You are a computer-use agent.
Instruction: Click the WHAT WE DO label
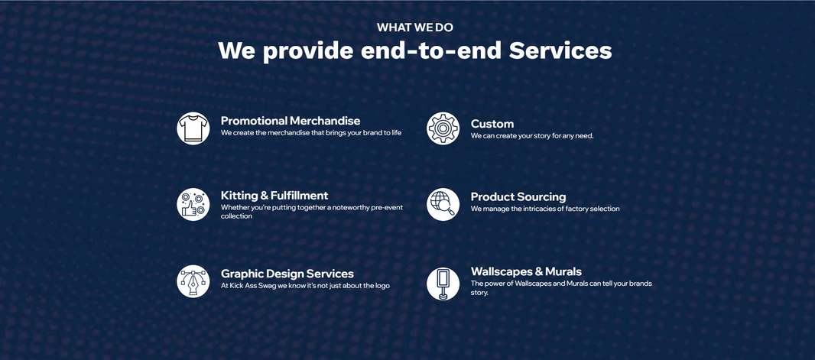coord(415,28)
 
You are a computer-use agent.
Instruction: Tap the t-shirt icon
coord(193,128)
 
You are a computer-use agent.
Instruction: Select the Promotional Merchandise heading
coord(290,121)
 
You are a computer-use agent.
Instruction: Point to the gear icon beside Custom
coord(443,128)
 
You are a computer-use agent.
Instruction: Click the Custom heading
coord(492,124)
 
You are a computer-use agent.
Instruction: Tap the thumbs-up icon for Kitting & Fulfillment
coord(193,204)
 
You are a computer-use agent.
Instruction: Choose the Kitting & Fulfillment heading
coord(274,196)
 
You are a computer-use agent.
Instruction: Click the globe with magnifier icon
coord(443,204)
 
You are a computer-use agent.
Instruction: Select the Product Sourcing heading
coord(518,197)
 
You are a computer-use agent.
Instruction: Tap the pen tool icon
coord(193,281)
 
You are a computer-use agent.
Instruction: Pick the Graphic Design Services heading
coord(287,274)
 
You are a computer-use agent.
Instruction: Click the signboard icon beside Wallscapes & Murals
coord(443,284)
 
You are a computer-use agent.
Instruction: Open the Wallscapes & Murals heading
coord(526,271)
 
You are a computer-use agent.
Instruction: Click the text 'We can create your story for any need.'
coord(532,135)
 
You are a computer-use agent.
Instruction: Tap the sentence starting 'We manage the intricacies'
coord(545,209)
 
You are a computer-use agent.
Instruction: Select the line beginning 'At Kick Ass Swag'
coord(305,285)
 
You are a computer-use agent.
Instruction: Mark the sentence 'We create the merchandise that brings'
coord(311,132)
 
